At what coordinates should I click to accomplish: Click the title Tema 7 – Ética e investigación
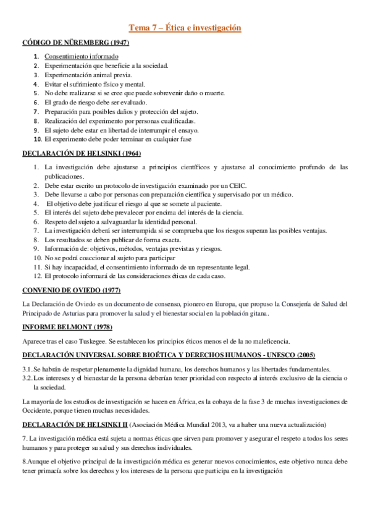pos(185,28)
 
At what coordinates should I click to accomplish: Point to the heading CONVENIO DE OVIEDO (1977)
pos(71,290)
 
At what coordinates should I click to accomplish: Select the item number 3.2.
pos(27,377)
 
